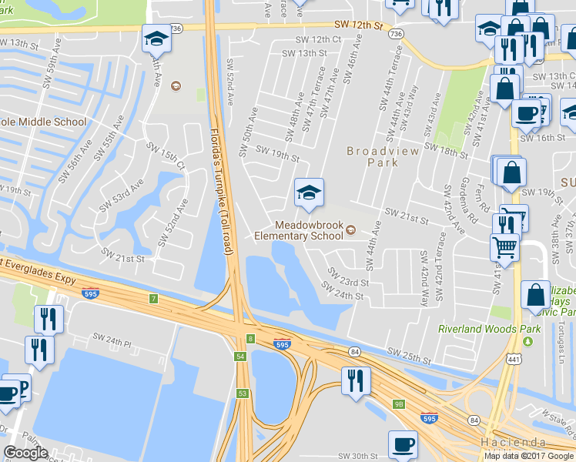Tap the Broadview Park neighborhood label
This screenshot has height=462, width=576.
[x=383, y=157]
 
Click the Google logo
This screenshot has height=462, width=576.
[x=25, y=453]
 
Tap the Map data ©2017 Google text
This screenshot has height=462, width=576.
[x=529, y=456]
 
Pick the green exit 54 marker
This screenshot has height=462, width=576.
[x=241, y=357]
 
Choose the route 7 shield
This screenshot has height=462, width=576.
[x=154, y=298]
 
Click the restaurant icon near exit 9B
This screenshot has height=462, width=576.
[x=355, y=380]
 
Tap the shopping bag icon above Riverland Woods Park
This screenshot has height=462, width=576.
[x=535, y=295]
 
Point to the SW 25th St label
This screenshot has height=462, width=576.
[x=408, y=356]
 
